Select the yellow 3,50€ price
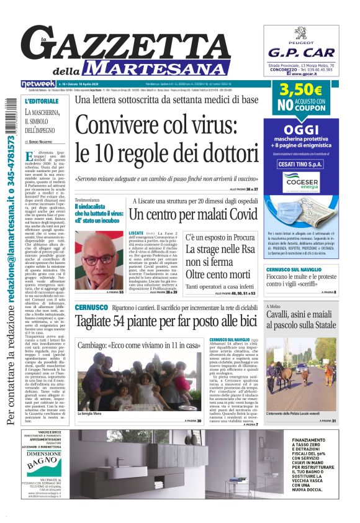coord(300,89)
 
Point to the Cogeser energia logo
coord(300,181)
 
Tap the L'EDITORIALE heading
coord(42,100)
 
